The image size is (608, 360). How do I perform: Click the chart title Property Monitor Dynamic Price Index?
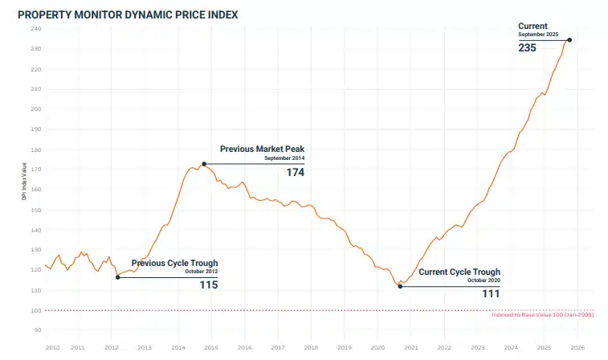pos(128,14)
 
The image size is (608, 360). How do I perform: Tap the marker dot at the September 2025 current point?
pos(569,39)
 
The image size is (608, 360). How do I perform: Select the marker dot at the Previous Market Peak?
pos(204,164)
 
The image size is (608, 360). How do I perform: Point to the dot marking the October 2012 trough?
pos(118,277)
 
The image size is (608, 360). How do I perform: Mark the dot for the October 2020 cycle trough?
pos(400,286)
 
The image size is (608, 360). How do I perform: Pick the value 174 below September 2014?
pos(295,172)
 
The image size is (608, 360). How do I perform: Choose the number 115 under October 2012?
pos(209,284)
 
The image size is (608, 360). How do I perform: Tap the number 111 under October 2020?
pos(491,294)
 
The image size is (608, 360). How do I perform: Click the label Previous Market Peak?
pos(262,149)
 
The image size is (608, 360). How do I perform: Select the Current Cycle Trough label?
pos(459,272)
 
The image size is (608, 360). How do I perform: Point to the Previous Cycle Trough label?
pos(174,263)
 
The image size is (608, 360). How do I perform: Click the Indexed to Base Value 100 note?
pos(541,315)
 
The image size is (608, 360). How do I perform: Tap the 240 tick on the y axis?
pos(36,29)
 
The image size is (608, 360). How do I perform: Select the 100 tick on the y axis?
pos(36,310)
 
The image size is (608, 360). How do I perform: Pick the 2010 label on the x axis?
pos(52,347)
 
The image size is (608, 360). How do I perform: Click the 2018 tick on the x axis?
pos(311,347)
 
